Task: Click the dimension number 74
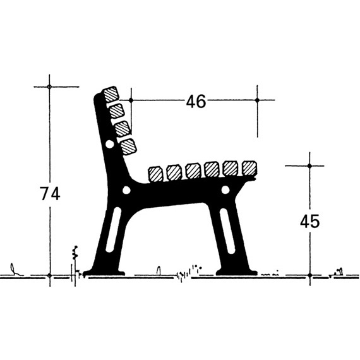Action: [50, 194]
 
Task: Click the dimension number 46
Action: [196, 102]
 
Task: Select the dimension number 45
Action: [309, 221]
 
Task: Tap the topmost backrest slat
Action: [111, 94]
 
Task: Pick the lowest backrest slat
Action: [129, 147]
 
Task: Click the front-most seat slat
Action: [249, 168]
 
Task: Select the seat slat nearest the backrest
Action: [155, 174]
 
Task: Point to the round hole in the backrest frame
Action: [109, 145]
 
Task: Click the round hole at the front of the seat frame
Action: [225, 189]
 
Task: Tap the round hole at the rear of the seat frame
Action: [126, 190]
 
